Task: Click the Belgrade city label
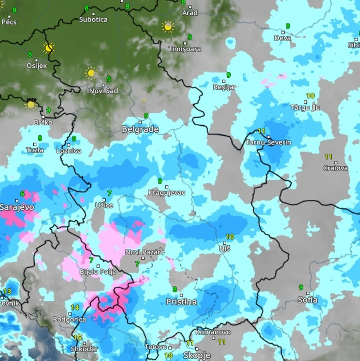pyautogui.click(x=140, y=130)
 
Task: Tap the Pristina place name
pyautogui.click(x=181, y=302)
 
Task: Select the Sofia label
pyautogui.click(x=308, y=300)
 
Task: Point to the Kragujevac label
pyautogui.click(x=167, y=193)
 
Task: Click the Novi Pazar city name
pyautogui.click(x=143, y=252)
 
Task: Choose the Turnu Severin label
pyautogui.click(x=268, y=143)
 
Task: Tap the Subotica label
pyautogui.click(x=93, y=20)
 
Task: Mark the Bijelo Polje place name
pyautogui.click(x=98, y=272)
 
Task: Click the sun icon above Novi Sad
pyautogui.click(x=91, y=72)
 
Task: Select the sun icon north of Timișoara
pyautogui.click(x=168, y=26)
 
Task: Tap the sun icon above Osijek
pyautogui.click(x=49, y=48)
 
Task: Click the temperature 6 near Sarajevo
pyautogui.click(x=22, y=194)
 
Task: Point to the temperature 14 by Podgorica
pyautogui.click(x=75, y=307)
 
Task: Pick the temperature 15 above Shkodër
pyautogui.click(x=78, y=338)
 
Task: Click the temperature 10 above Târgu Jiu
pyautogui.click(x=310, y=96)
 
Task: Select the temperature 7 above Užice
pyautogui.click(x=109, y=194)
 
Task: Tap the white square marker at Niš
pyautogui.click(x=225, y=243)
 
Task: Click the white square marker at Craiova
pyautogui.click(x=335, y=162)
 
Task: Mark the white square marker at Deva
pyautogui.click(x=283, y=33)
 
